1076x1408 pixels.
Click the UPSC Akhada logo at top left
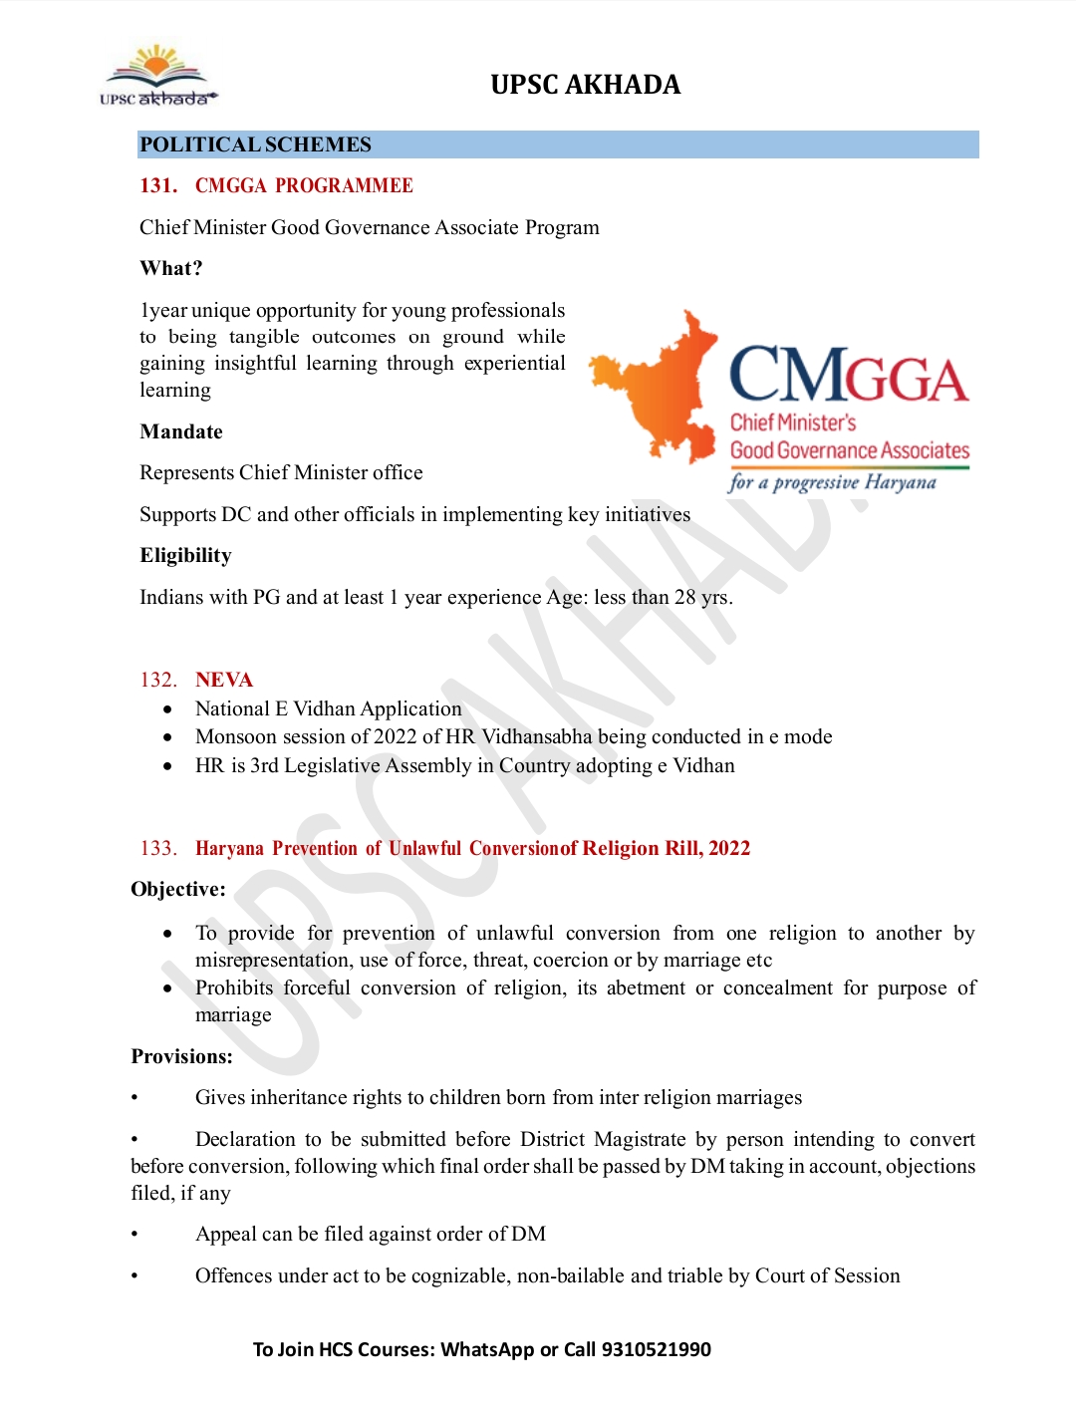(x=157, y=76)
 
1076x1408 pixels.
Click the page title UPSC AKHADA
(x=585, y=85)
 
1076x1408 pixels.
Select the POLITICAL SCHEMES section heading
(x=255, y=144)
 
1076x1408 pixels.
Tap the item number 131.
(x=157, y=185)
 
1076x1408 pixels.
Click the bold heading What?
(x=170, y=268)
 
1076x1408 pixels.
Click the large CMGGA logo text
(x=849, y=377)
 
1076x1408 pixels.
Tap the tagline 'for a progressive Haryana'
(x=833, y=482)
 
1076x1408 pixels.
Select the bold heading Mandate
(x=180, y=431)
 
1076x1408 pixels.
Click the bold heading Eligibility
(x=185, y=555)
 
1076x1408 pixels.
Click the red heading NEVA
(x=224, y=680)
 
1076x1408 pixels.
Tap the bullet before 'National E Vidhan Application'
(x=168, y=709)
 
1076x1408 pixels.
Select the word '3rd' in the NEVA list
(x=264, y=765)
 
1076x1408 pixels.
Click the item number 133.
(x=157, y=848)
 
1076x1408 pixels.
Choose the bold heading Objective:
(x=178, y=889)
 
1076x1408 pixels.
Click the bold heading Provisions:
(x=181, y=1056)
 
